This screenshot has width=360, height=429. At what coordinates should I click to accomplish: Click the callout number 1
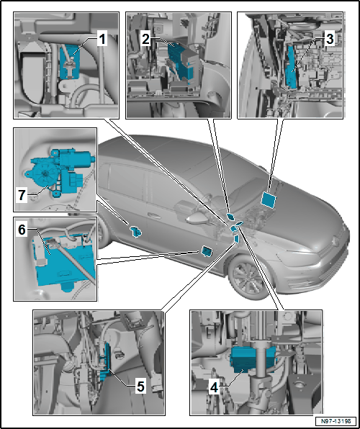[102, 40]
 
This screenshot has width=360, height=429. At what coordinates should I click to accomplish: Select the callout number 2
[145, 40]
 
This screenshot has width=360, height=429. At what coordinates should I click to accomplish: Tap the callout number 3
[330, 40]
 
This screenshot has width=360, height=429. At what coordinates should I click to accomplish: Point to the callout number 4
[214, 388]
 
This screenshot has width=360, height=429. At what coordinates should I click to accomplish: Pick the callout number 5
[140, 387]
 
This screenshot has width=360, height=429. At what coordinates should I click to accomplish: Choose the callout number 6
[22, 230]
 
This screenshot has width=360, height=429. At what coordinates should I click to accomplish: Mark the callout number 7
[22, 196]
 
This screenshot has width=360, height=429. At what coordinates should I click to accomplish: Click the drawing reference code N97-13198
[336, 421]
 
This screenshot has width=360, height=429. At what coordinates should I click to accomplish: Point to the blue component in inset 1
[70, 62]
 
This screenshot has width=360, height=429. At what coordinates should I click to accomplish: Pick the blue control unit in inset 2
[182, 62]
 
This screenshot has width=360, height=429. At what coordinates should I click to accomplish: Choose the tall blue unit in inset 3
[291, 67]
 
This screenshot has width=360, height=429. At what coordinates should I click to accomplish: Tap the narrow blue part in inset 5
[107, 361]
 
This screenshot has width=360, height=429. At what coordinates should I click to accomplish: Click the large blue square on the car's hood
[269, 199]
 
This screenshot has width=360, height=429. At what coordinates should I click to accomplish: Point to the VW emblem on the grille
[335, 240]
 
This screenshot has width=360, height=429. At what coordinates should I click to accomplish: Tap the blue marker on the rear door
[135, 232]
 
